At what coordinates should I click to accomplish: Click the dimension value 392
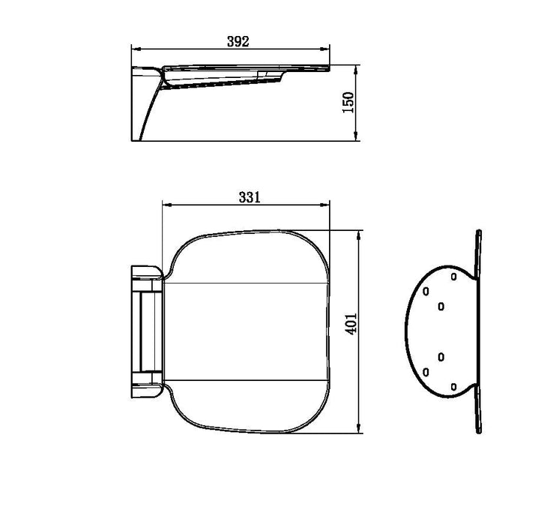(238, 42)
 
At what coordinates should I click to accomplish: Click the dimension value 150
(348, 103)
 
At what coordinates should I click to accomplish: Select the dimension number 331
(250, 197)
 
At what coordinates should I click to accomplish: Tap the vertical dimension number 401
(351, 324)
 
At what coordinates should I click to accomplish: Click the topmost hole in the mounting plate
(454, 276)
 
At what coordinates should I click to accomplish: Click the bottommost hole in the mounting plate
(454, 387)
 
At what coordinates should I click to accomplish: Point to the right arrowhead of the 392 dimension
(324, 49)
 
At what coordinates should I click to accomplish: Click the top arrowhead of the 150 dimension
(355, 70)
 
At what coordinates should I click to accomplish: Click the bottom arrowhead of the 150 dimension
(355, 136)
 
